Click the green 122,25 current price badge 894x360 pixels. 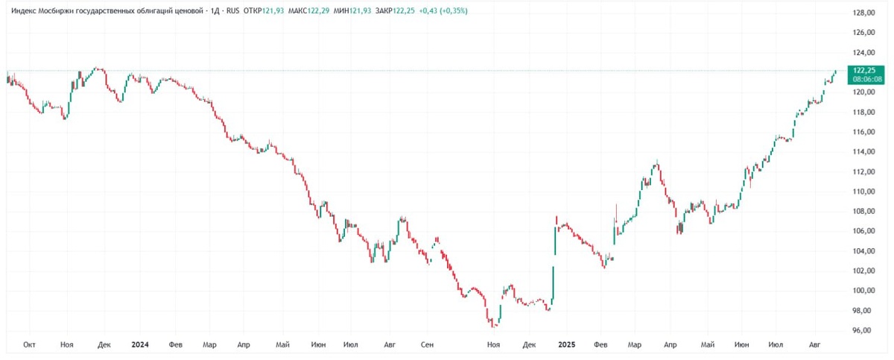tap(867, 69)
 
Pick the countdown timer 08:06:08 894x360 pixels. tap(867, 78)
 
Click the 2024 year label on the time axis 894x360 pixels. tap(139, 344)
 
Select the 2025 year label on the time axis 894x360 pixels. tap(566, 344)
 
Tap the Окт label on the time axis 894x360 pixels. tap(30, 344)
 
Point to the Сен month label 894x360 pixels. tap(427, 344)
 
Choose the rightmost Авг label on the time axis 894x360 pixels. tap(815, 344)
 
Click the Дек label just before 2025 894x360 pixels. tap(530, 344)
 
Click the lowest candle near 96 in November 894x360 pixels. tap(494, 325)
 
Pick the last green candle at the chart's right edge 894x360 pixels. tap(835, 72)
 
